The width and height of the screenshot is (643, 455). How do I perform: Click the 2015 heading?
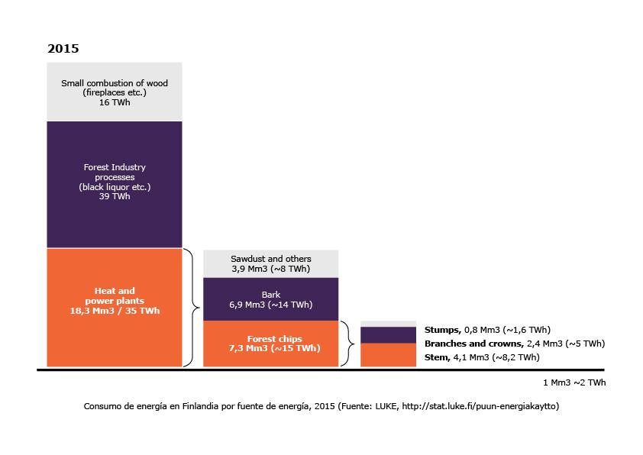pyautogui.click(x=63, y=48)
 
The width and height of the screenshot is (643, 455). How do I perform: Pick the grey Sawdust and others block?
pyautogui.click(x=270, y=263)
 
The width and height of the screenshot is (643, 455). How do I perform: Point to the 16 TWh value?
pyautogui.click(x=115, y=102)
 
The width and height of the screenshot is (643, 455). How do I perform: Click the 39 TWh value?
pyautogui.click(x=115, y=196)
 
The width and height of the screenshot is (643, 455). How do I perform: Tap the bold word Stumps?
pyautogui.click(x=441, y=330)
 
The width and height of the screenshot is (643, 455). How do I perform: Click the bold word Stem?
pyautogui.click(x=437, y=357)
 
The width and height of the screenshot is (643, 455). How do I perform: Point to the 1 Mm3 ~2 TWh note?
pyautogui.click(x=574, y=382)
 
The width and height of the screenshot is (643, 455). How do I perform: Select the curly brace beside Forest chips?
pyautogui.click(x=348, y=344)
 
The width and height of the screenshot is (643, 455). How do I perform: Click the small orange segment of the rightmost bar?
pyautogui.click(x=388, y=355)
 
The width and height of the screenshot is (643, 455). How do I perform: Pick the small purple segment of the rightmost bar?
pyautogui.click(x=388, y=334)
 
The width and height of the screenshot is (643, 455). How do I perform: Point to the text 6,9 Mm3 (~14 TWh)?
pyautogui.click(x=270, y=305)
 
